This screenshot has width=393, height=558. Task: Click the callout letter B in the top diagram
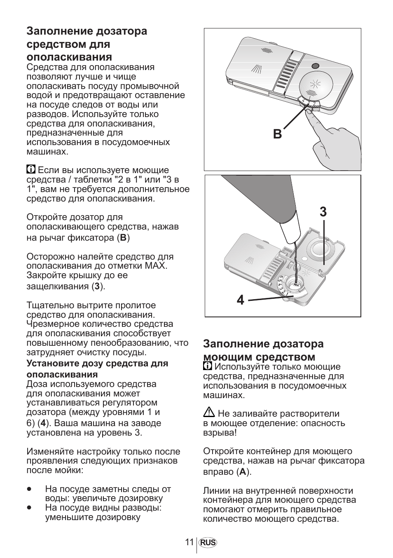(x=277, y=134)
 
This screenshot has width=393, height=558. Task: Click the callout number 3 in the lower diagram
(x=323, y=212)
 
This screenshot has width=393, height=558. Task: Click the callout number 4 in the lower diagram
(x=241, y=300)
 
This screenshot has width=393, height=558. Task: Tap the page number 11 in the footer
(x=189, y=542)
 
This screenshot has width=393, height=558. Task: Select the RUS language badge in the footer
(x=208, y=543)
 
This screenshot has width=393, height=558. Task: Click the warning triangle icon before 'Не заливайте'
(x=209, y=412)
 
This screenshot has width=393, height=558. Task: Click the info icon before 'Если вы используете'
(x=31, y=169)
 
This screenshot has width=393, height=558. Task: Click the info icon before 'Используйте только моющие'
(x=208, y=366)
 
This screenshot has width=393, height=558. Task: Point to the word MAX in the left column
(x=156, y=266)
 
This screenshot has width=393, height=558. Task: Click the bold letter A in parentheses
(x=243, y=472)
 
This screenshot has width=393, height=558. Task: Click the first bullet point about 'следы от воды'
(x=29, y=489)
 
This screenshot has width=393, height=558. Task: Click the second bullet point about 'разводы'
(x=29, y=508)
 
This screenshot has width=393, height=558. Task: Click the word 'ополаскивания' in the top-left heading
(x=69, y=57)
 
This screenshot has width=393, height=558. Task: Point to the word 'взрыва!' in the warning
(x=220, y=433)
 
